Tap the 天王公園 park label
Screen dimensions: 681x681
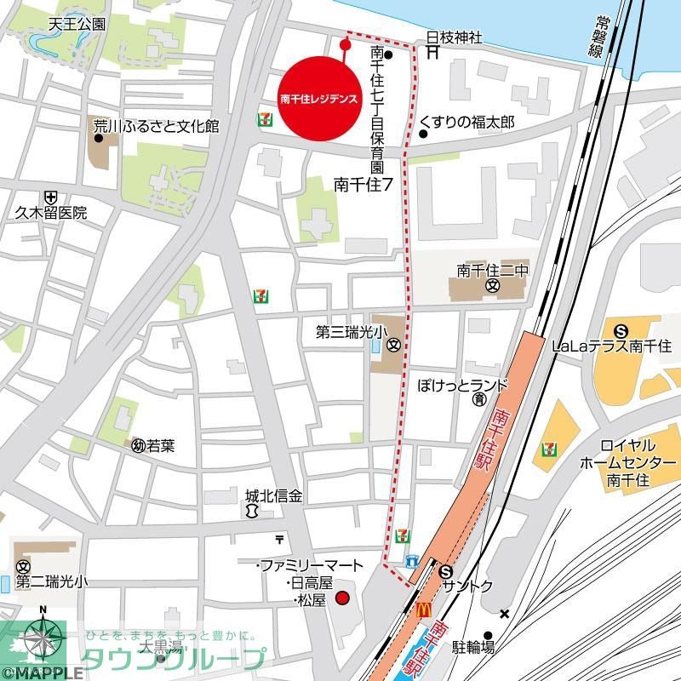(x=77, y=24)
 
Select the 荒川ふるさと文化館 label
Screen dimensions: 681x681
(x=156, y=127)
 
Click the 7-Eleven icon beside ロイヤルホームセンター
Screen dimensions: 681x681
(x=548, y=448)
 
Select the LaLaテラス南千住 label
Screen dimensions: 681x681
(x=611, y=346)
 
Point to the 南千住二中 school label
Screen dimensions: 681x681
(x=493, y=270)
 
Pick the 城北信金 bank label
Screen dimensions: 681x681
(x=274, y=495)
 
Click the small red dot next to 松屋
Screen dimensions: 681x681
(x=343, y=598)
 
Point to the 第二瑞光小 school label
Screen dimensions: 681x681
(x=50, y=583)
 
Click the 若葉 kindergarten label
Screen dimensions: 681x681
(x=160, y=444)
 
